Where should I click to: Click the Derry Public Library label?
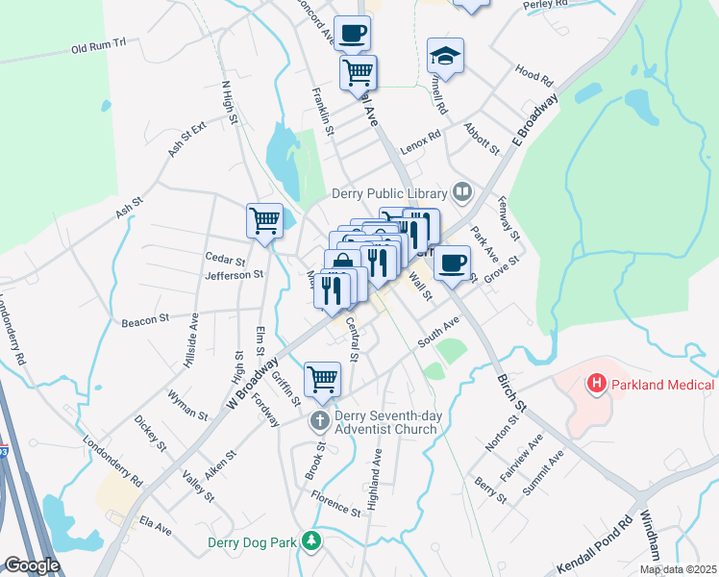391,192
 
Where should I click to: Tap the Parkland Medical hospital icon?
597,386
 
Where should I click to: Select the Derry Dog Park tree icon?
310,542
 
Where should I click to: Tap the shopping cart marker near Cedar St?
264,219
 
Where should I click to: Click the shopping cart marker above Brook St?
322,377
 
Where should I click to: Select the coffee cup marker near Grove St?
452,262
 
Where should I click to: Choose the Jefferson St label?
234,275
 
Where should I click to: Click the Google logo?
33,565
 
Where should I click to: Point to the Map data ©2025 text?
679,569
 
